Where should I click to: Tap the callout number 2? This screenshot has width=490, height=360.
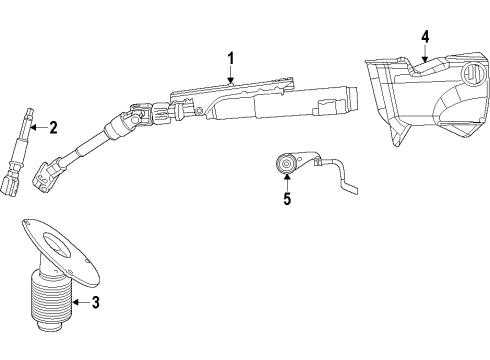coord(53,126)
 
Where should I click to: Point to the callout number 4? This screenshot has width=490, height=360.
coord(425,37)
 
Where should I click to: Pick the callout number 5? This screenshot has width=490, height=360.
coord(287,198)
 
